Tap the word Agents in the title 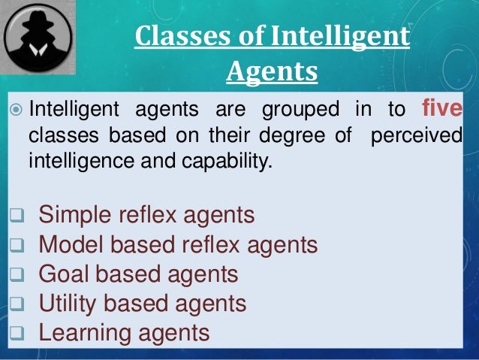pyautogui.click(x=271, y=73)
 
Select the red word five pyautogui.click(x=442, y=110)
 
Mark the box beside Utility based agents pyautogui.click(x=16, y=305)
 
